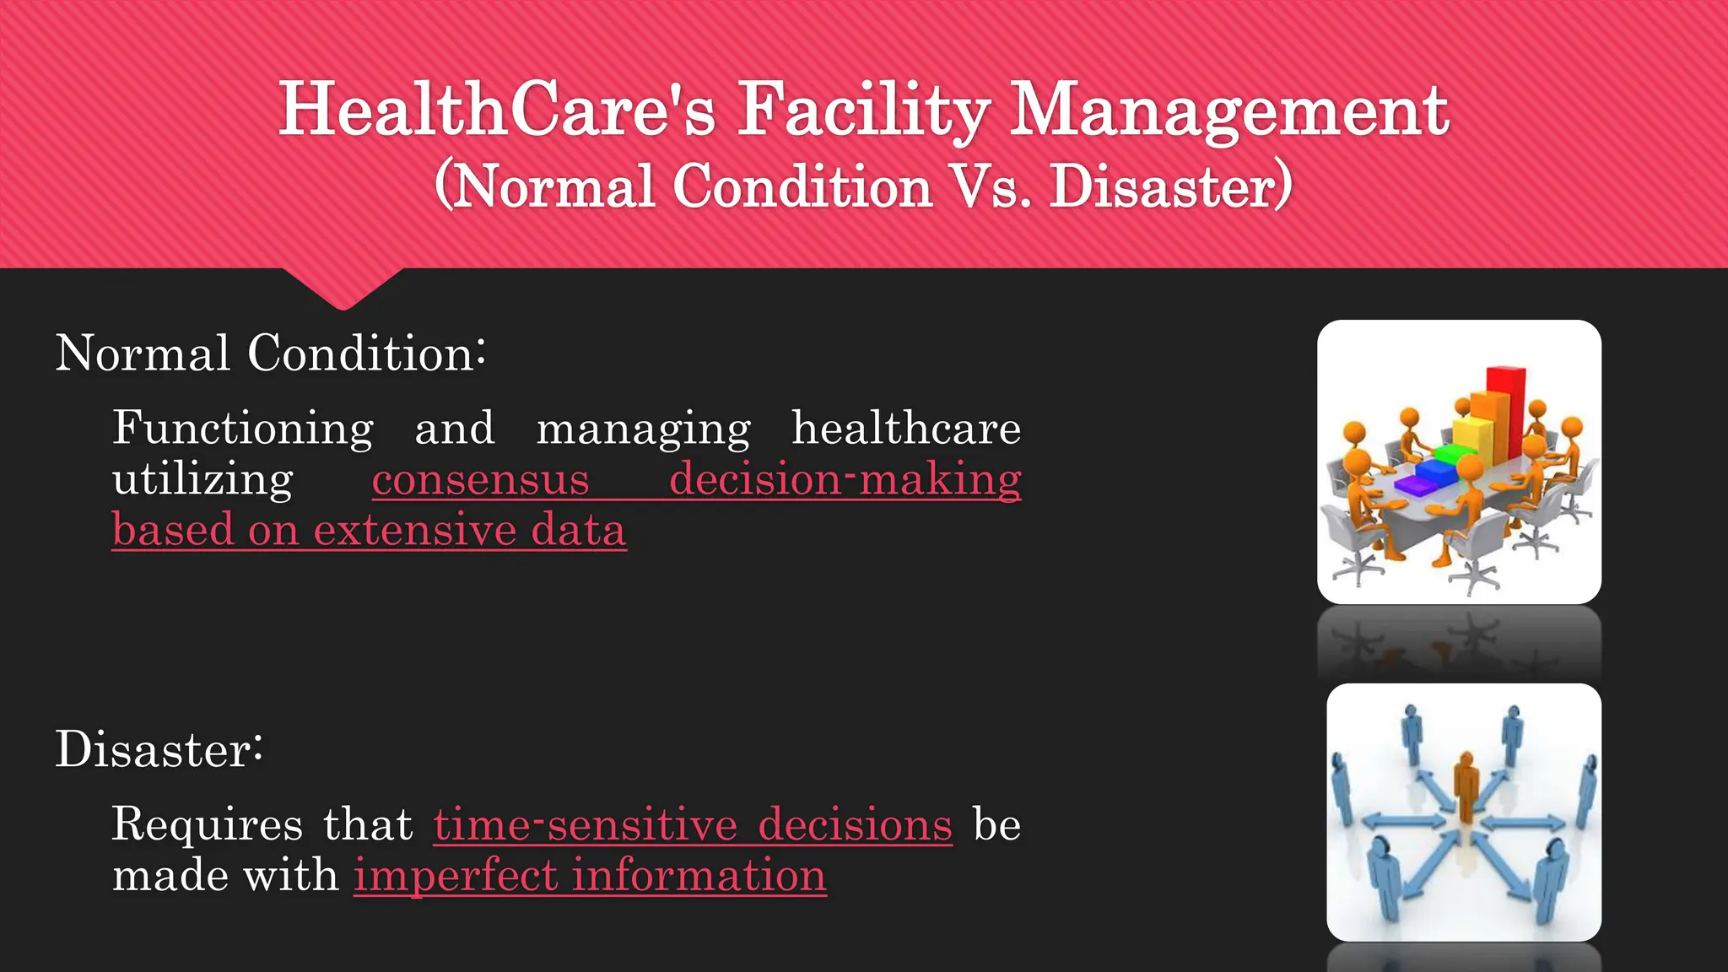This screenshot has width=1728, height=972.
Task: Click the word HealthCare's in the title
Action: (497, 110)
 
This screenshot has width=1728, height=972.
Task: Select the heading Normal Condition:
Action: (270, 353)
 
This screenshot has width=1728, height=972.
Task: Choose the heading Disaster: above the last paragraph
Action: (159, 749)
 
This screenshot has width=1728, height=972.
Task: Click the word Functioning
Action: (243, 428)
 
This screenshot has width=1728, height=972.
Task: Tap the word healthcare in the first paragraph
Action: (906, 428)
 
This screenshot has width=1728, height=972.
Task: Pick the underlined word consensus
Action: (480, 479)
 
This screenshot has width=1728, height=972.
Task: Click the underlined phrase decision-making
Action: (845, 479)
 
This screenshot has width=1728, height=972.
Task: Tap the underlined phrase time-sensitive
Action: (586, 824)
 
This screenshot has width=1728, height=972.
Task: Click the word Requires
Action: (207, 824)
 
